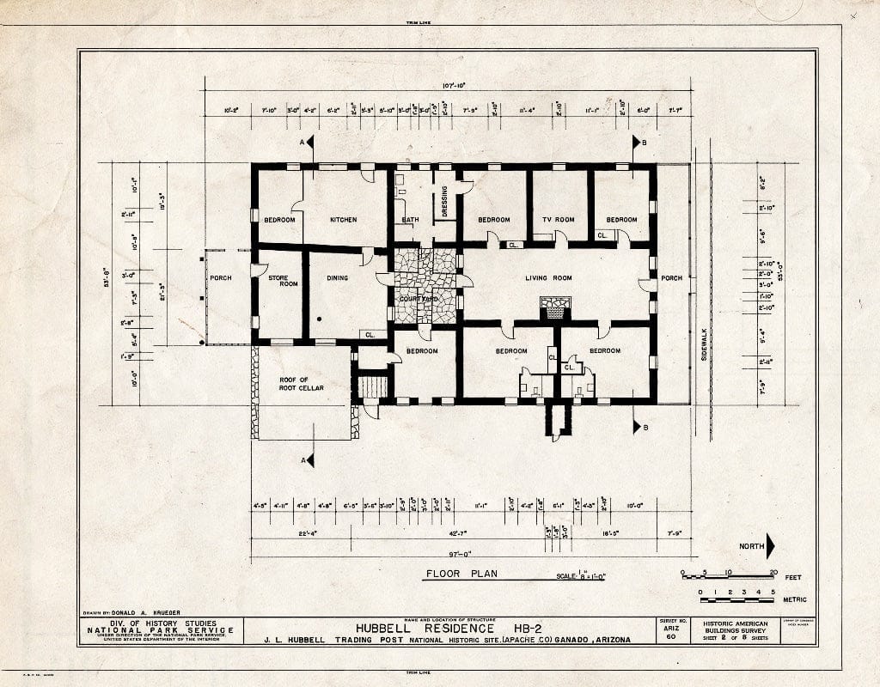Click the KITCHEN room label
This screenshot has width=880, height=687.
344,220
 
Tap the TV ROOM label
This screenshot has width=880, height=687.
558,220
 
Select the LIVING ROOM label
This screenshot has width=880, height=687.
548,278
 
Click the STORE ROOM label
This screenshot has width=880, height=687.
277,280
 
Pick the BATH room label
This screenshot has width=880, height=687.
410,220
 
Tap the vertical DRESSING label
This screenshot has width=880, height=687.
444,202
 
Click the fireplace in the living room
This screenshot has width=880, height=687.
554,307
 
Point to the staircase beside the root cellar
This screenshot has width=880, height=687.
372,386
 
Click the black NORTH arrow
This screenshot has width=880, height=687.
770,546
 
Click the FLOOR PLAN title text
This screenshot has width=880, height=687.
461,574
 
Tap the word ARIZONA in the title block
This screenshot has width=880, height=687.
603,640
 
